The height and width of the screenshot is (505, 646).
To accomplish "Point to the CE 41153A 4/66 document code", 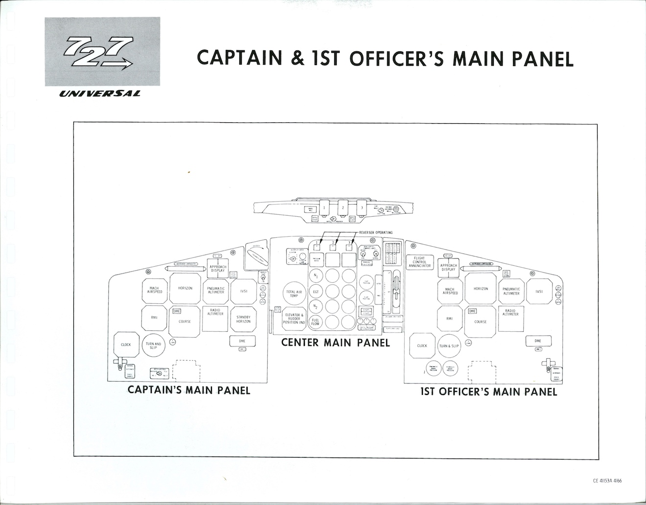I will tap(607, 481).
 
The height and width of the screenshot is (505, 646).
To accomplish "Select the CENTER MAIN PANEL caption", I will tap(335, 343).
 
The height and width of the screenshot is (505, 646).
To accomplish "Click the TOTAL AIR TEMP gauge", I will tap(294, 294).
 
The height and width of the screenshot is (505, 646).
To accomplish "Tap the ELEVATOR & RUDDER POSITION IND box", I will tap(294, 319).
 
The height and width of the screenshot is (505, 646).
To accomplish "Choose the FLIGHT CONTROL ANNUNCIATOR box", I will tap(419, 262).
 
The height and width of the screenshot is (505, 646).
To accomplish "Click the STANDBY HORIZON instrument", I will tap(243, 319).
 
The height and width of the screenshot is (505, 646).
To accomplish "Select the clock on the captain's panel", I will tap(126, 344).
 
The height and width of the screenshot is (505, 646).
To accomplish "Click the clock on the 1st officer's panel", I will tap(422, 345).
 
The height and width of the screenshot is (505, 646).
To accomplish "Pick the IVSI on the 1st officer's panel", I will tap(539, 291).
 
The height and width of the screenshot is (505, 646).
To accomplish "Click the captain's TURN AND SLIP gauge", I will tap(154, 345).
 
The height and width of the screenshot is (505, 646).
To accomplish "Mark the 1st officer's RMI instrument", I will tap(449, 319).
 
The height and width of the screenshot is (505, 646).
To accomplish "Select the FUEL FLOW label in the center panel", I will tap(316, 321).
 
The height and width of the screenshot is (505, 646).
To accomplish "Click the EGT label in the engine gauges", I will tap(316, 291).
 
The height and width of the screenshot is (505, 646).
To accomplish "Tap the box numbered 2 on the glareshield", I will tap(343, 208).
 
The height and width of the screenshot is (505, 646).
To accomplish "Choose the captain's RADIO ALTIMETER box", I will tap(215, 312).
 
